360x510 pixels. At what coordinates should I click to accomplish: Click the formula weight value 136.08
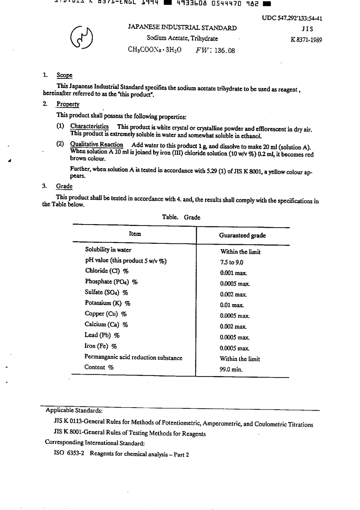pos(224,50)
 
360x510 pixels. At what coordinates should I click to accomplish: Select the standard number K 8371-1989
pos(306,40)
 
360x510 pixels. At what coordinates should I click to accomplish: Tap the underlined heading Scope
pos(64,75)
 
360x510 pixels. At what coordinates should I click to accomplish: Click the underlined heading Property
pos(68,104)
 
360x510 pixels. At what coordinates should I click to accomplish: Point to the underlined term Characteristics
pos(89,126)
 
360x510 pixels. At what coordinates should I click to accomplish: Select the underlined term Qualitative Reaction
pos(97,144)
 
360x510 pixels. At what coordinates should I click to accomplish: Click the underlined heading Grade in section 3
pos(64,186)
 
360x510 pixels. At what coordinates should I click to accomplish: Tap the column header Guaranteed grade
pos(242,235)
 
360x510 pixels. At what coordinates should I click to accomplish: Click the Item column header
pos(135,234)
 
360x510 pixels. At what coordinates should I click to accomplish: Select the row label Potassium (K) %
pos(108,303)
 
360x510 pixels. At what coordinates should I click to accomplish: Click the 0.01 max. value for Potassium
pos(232,305)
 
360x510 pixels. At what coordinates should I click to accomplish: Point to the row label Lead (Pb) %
pos(102,335)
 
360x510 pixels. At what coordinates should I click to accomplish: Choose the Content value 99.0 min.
pos(231,369)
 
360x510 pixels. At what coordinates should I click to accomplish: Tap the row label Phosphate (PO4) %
pos(111,282)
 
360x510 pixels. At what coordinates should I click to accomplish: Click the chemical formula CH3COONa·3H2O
pos(155,50)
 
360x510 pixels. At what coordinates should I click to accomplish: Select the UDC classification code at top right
pos(292,19)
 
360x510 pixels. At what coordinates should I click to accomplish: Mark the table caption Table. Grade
pos(181,217)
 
